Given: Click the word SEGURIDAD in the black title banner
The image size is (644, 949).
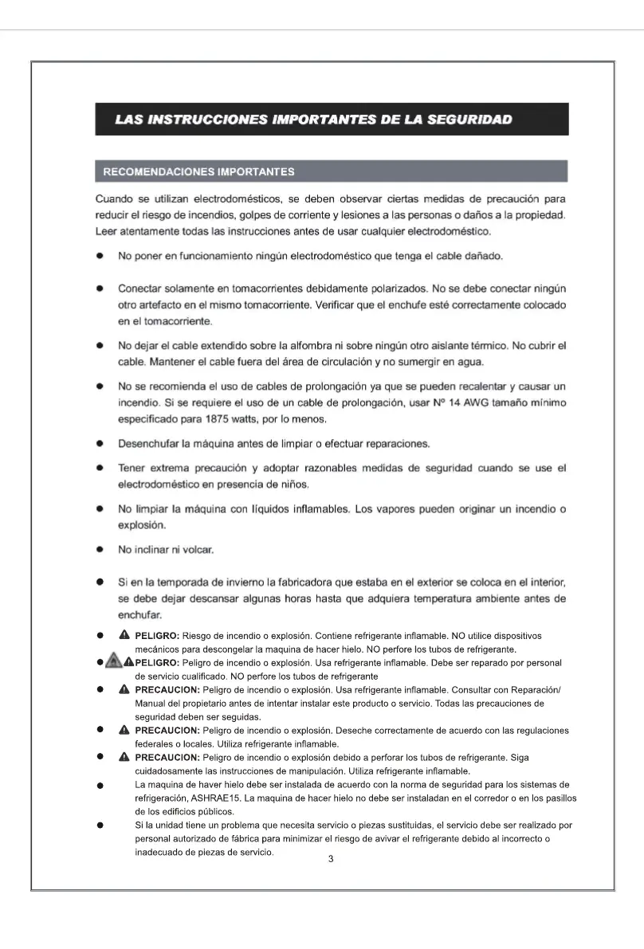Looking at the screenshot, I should click(469, 120).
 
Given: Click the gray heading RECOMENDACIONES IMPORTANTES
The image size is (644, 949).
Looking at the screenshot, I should click(198, 171).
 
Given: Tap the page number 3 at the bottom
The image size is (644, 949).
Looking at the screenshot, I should click(331, 859).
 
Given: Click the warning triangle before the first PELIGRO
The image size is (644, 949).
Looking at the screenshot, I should click(124, 635).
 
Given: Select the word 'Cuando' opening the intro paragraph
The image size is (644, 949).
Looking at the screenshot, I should click(115, 198).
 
